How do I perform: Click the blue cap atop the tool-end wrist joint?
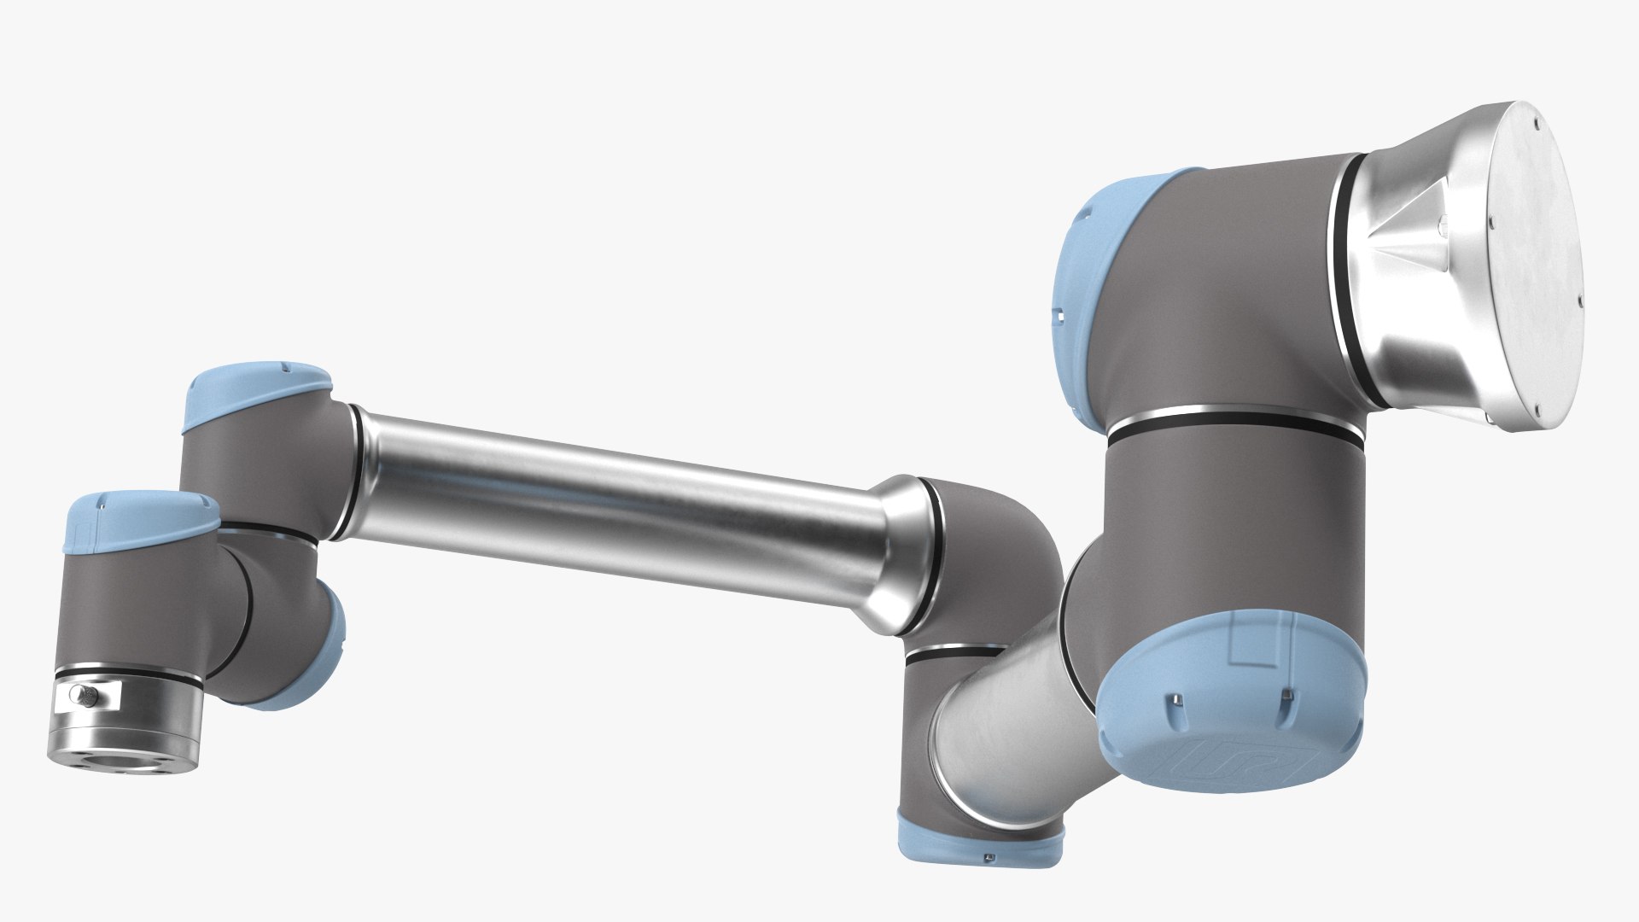[141, 521]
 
